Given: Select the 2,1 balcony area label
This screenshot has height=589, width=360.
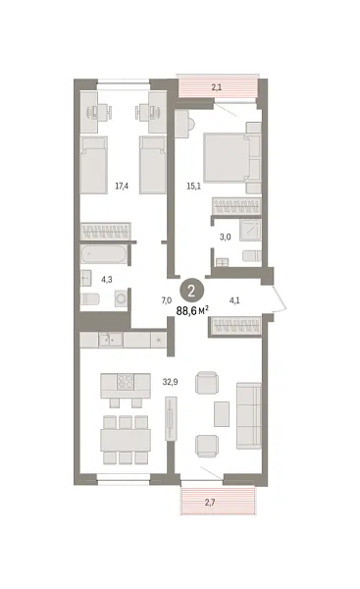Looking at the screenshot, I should [x=217, y=88].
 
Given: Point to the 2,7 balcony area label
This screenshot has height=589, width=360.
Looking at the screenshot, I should [x=217, y=504].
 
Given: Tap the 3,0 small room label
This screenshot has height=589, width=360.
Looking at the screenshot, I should [x=225, y=237].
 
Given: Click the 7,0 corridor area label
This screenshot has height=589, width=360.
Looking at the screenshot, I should [x=166, y=301].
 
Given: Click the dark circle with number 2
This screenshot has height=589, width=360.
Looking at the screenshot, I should [x=194, y=290].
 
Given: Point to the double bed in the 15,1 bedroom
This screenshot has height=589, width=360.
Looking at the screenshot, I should [x=230, y=157].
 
